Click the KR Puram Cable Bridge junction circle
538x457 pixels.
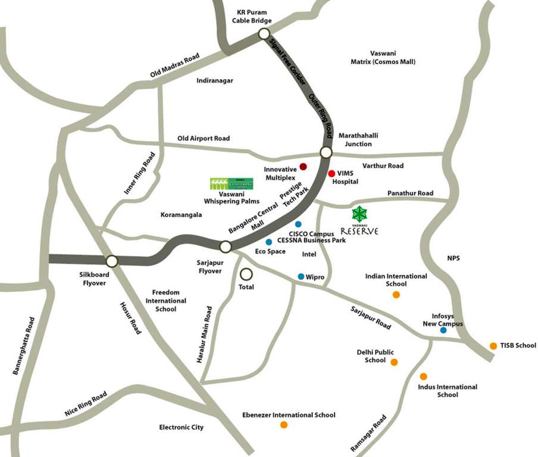pyautogui.click(x=264, y=35)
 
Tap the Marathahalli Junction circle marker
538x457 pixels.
pyautogui.click(x=326, y=152)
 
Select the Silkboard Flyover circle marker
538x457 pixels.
pyautogui.click(x=111, y=261)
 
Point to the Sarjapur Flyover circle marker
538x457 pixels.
pyautogui.click(x=226, y=246)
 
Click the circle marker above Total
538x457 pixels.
pyautogui.click(x=246, y=274)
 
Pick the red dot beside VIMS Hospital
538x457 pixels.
pyautogui.click(x=331, y=173)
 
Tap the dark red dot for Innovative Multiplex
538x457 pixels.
pyautogui.click(x=303, y=167)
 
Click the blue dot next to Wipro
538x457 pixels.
pyautogui.click(x=301, y=276)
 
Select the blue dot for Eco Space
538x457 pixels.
pyautogui.click(x=269, y=242)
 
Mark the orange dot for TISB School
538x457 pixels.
pyautogui.click(x=493, y=346)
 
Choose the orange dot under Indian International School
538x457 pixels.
pyautogui.click(x=396, y=295)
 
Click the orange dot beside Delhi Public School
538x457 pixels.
pyautogui.click(x=394, y=362)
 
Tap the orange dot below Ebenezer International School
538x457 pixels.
pyautogui.click(x=284, y=425)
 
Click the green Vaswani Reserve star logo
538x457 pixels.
pyautogui.click(x=359, y=214)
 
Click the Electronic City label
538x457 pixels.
pyautogui.click(x=181, y=427)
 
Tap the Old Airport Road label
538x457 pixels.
pyautogui.click(x=204, y=139)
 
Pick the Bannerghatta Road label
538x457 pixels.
pyautogui.click(x=24, y=346)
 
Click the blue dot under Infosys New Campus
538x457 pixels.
pyautogui.click(x=443, y=330)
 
